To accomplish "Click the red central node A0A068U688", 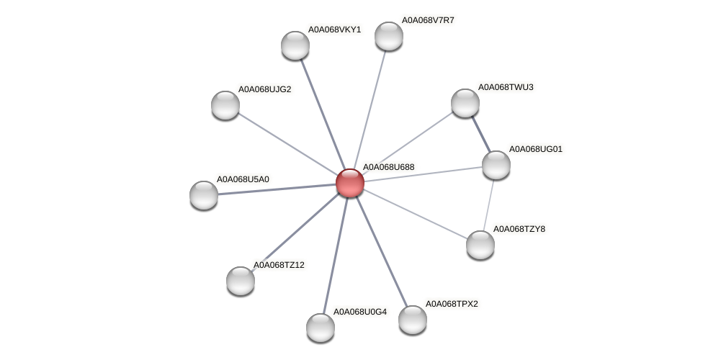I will pos(350,183).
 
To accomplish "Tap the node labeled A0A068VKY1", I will pos(295,45).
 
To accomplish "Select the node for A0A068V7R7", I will pos(389,36).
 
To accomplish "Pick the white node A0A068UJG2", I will pos(225,105).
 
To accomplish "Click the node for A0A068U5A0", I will pos(204,195).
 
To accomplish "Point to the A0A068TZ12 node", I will pos(241,281).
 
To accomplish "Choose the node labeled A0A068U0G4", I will pos(321,328).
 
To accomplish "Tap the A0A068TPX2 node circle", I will pos(413,320).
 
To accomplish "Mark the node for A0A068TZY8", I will pos(480,245).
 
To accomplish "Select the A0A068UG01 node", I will pos(496,165).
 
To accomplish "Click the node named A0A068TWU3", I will pos(465,103).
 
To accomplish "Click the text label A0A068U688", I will pos(388,167).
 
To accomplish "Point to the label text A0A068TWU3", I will pos(506,87).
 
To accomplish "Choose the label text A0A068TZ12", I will pos(279,265).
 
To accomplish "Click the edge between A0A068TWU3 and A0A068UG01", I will pos(480,134).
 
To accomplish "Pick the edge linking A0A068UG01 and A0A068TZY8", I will pos(488,205).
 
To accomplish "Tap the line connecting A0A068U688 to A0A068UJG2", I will pos(288,144).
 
